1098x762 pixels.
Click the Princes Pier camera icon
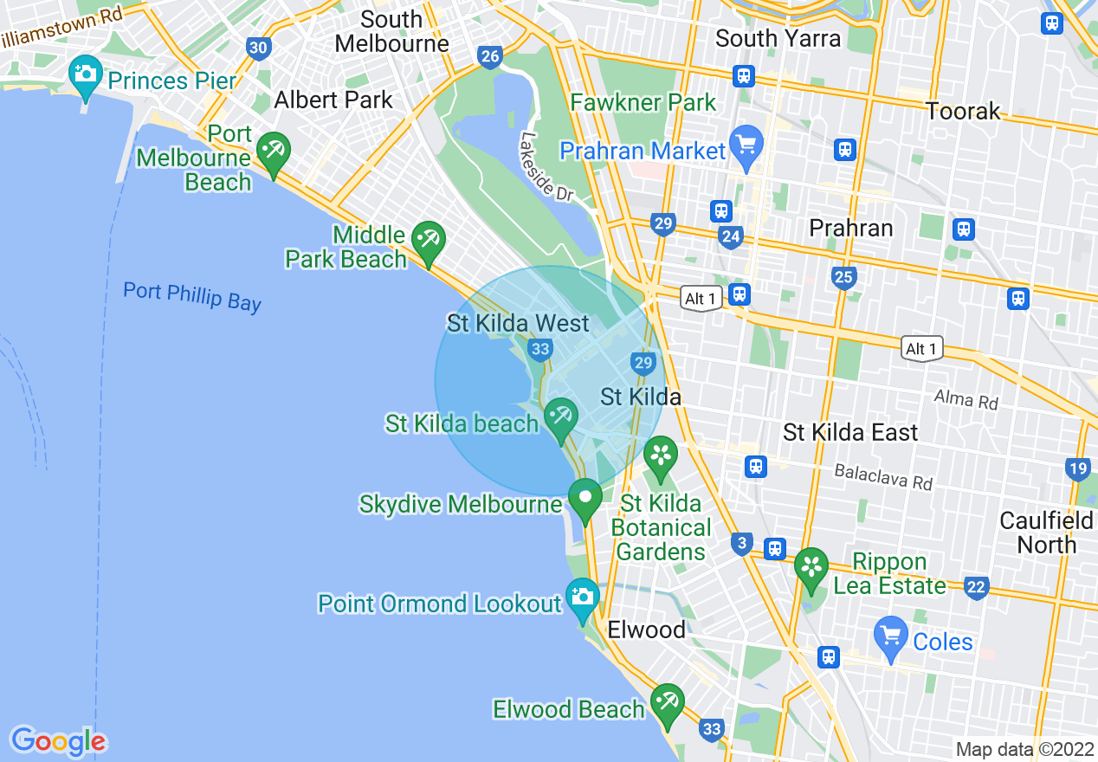(85, 74)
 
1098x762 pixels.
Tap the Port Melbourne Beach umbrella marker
(274, 152)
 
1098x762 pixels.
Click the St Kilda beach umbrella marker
(561, 417)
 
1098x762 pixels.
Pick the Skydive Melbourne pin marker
(585, 499)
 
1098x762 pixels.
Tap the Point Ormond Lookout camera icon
(583, 597)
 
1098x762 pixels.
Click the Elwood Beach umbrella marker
(667, 701)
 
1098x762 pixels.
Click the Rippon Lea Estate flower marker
(811, 567)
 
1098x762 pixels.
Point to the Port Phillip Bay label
(191, 296)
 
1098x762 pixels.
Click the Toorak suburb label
(963, 111)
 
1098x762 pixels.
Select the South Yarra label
(778, 38)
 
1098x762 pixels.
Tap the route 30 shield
(258, 48)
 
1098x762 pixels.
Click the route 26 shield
(490, 58)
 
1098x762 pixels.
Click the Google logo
(58, 741)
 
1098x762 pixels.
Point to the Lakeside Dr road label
(547, 167)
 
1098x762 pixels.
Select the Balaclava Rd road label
(883, 476)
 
